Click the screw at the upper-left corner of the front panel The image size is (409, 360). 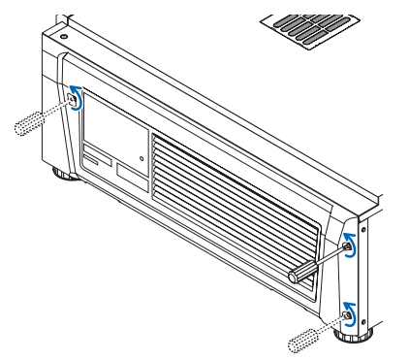71,96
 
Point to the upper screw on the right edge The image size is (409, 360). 346,247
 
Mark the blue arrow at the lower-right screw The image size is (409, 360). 352,311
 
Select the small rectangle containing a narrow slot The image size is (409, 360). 96,158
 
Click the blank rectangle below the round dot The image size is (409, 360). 132,177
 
